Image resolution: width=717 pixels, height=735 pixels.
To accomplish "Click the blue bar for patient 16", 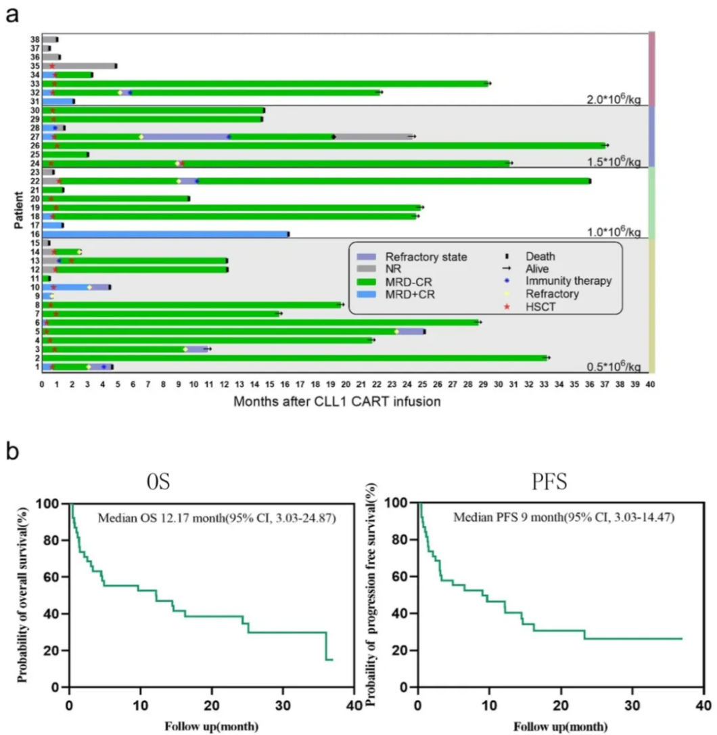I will coord(165,233).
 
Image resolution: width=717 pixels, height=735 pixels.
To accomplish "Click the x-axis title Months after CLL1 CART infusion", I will coord(338,401).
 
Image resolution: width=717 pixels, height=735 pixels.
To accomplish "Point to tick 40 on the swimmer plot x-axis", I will coord(650,383).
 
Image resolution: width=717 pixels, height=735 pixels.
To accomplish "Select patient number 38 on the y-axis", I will coord(34,40).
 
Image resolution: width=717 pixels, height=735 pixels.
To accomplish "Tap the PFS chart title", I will coord(549,483).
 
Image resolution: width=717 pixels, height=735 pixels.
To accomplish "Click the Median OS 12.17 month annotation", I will coord(216,519).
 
